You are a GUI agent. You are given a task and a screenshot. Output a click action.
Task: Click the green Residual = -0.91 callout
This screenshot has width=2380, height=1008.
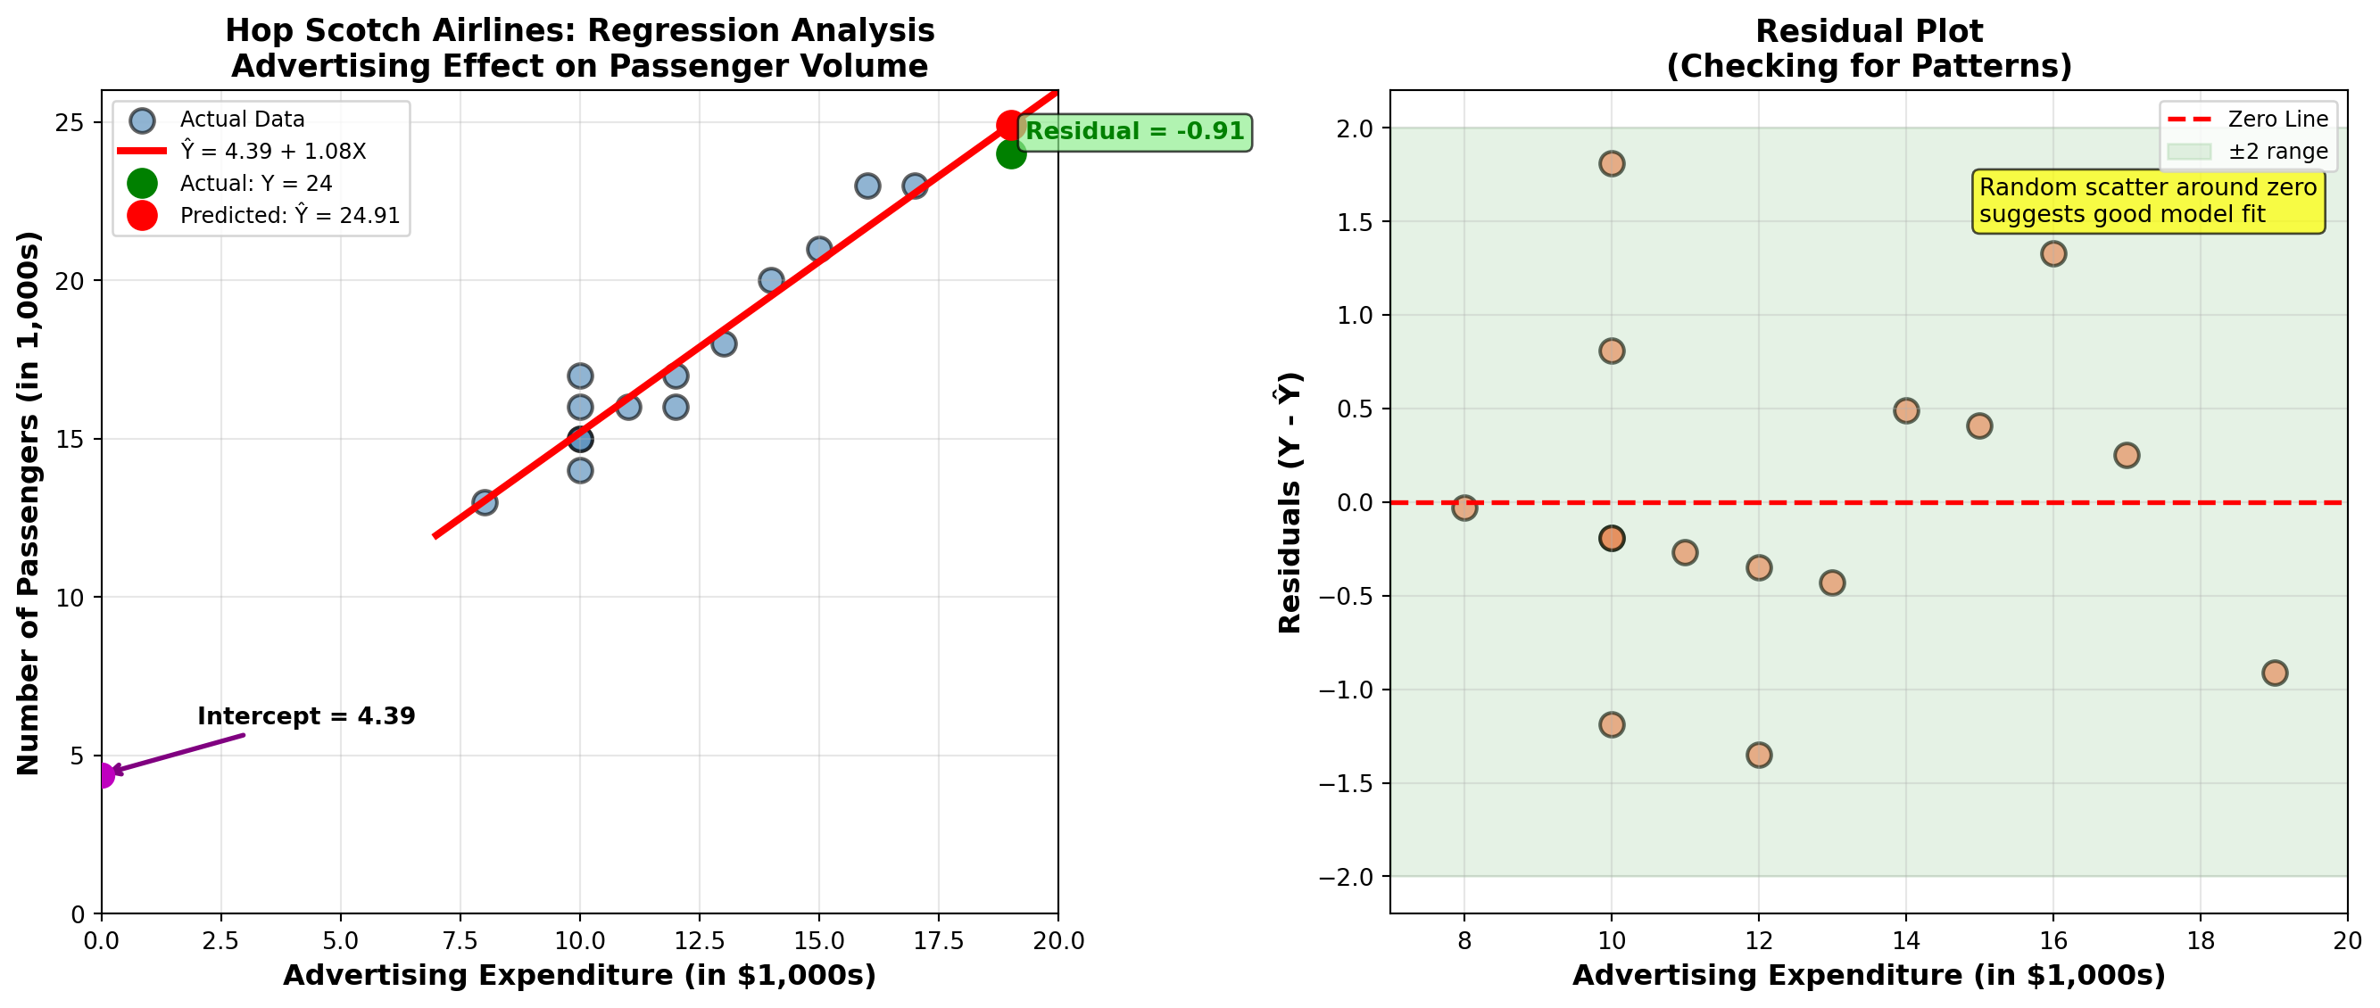[x=1134, y=131]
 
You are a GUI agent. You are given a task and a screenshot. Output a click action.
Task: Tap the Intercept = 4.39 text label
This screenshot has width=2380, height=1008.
[x=306, y=716]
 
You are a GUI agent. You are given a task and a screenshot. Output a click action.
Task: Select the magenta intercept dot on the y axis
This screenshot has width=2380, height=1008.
[x=103, y=775]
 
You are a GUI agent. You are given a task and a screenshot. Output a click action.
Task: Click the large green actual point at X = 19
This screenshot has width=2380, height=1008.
[x=1011, y=154]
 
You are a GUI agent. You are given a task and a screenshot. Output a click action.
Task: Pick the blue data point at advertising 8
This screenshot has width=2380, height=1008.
[x=485, y=502]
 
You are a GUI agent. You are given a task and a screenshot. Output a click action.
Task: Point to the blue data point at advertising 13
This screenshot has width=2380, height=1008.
[x=724, y=343]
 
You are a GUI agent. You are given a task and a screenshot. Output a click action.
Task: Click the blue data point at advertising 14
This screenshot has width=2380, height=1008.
[x=770, y=280]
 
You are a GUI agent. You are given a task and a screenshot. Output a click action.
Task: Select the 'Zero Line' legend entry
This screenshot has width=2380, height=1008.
[x=2277, y=120]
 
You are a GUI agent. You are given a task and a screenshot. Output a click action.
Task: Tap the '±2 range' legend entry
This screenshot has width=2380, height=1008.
[x=2277, y=151]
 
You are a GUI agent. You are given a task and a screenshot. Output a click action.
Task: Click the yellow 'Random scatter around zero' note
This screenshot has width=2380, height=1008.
[x=2147, y=201]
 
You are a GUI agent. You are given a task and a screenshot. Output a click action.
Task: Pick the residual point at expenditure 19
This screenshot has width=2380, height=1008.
[x=2275, y=673]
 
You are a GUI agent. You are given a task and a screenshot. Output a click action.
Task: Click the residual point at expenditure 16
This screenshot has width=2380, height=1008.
[x=2052, y=254]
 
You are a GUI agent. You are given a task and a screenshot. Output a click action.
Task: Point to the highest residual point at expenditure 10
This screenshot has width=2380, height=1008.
[x=1612, y=163]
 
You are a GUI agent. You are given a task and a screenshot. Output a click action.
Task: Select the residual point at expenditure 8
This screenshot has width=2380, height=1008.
[x=1464, y=508]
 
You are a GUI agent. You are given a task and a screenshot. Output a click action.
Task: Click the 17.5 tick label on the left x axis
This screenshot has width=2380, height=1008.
[x=939, y=941]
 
